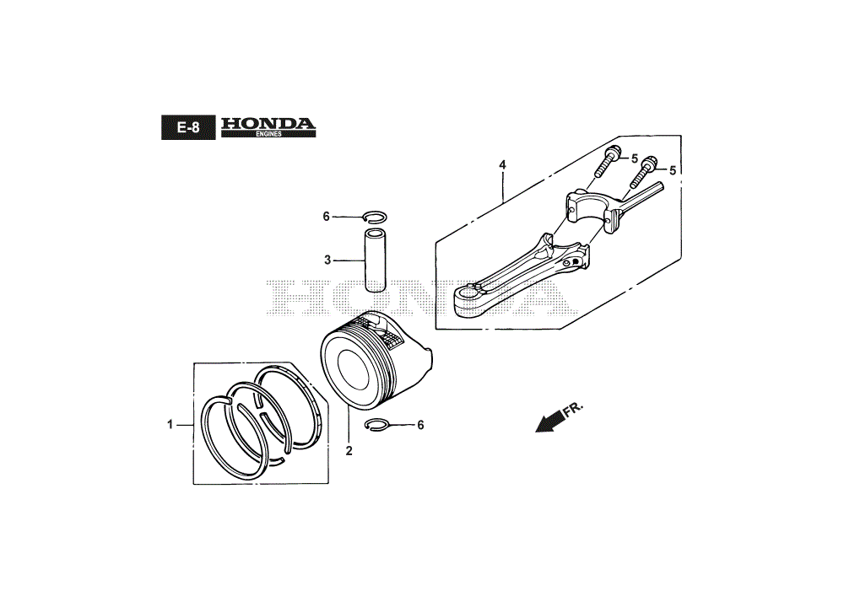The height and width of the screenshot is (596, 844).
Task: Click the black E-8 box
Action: coord(188,127)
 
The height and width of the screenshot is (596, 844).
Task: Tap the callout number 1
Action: coord(170,425)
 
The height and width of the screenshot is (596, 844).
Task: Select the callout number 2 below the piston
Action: coord(349,451)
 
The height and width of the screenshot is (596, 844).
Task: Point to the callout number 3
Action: coord(327,260)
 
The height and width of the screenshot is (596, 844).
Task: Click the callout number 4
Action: coord(502,165)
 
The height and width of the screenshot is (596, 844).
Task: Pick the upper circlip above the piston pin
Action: coord(376,216)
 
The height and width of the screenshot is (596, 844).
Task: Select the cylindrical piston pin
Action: coord(375,260)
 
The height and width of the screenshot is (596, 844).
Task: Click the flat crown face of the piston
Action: coord(354,371)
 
